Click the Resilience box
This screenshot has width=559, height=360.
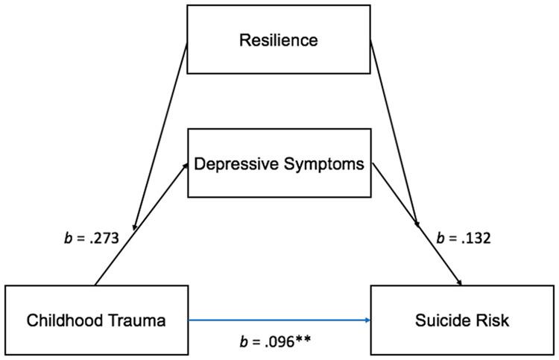(278, 40)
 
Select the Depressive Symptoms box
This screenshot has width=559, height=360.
(279, 164)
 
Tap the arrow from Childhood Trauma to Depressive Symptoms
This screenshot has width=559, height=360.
(142, 224)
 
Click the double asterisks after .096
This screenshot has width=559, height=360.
(303, 341)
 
